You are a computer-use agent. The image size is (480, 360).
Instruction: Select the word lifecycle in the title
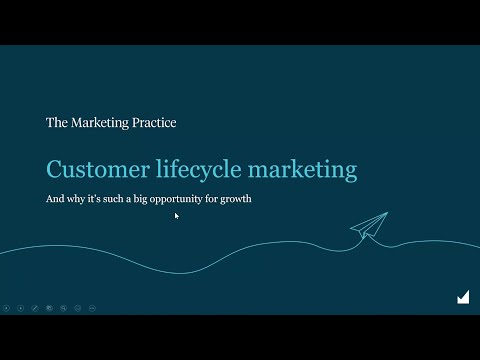pos(195,170)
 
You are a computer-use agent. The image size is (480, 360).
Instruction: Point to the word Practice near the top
pos(153,123)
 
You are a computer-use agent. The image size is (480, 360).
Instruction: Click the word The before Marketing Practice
pos(57,123)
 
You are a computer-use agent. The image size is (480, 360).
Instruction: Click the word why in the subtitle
pos(75,198)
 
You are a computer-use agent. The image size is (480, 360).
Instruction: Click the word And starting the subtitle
pos(55,198)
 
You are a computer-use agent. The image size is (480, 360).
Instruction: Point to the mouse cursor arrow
pos(176,214)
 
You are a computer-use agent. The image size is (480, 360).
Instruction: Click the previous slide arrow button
pos(6,307)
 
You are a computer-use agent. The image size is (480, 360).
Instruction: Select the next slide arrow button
pos(20,307)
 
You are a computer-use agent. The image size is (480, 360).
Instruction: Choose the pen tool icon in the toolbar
pos(34,307)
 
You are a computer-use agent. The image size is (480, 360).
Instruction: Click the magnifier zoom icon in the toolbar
pos(77,307)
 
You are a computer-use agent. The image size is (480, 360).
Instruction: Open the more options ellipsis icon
pos(91,307)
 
